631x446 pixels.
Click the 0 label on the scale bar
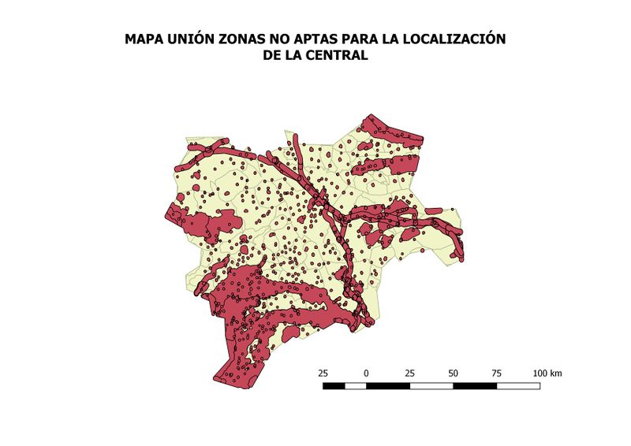pyautogui.click(x=366, y=373)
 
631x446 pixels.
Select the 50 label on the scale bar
pyautogui.click(x=453, y=373)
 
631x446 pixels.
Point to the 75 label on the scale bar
pyautogui.click(x=496, y=373)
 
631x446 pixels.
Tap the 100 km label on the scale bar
pyautogui.click(x=547, y=373)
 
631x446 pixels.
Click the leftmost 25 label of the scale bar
pyautogui.click(x=323, y=373)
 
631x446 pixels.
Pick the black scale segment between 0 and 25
pyautogui.click(x=387, y=386)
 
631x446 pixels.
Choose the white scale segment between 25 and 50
pyautogui.click(x=431, y=386)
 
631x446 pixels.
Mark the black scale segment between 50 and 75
pyautogui.click(x=474, y=386)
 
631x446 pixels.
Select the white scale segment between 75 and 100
pyautogui.click(x=518, y=386)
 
